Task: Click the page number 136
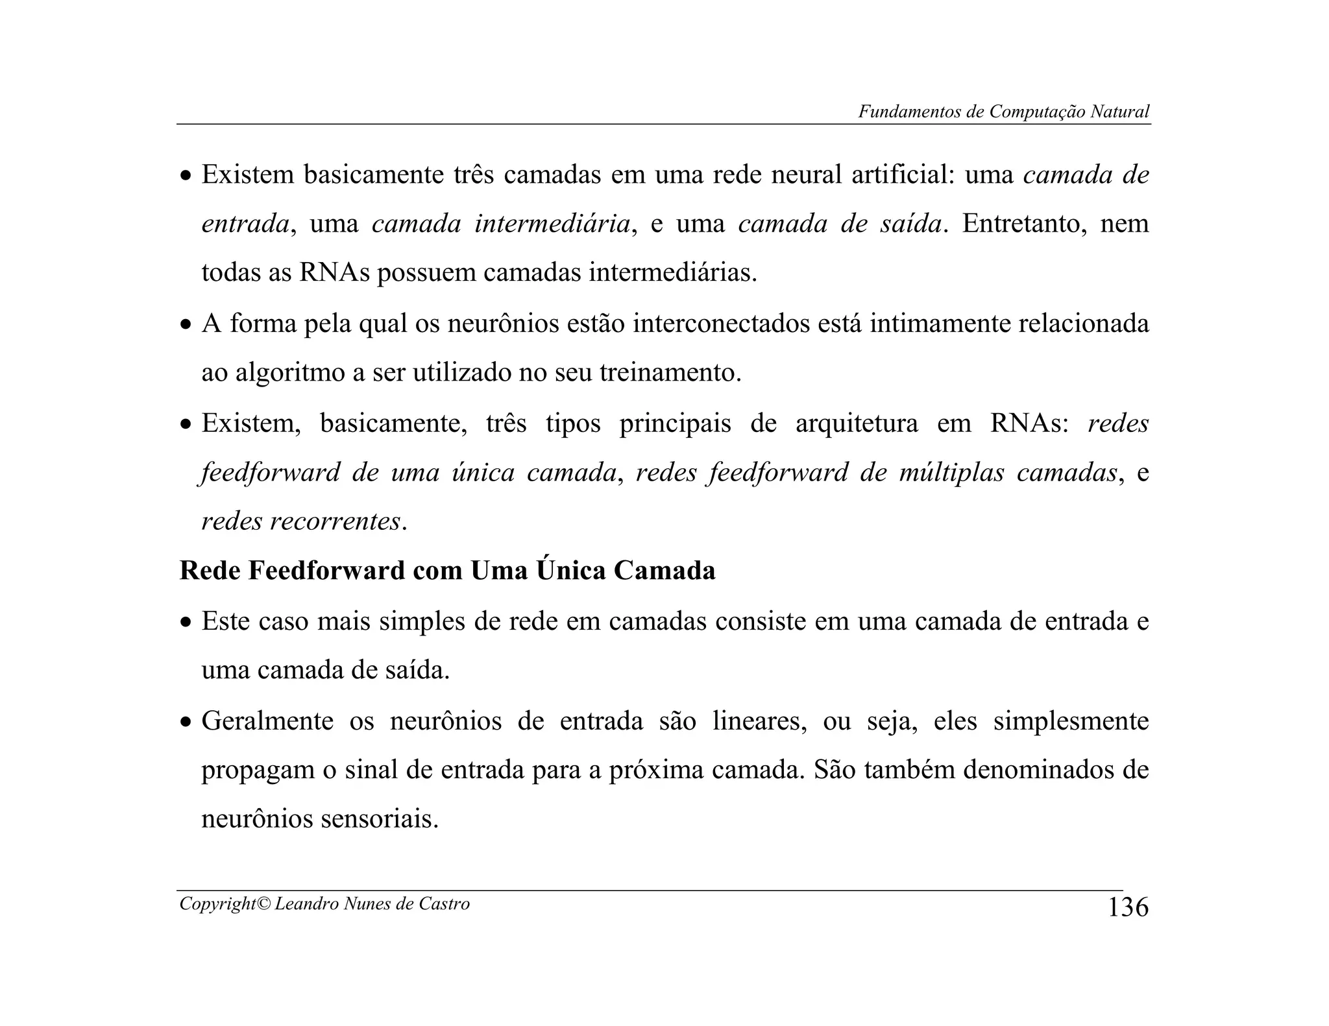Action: click(1127, 907)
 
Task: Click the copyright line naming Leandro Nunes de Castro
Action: click(324, 903)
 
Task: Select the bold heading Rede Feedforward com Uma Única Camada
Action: click(447, 571)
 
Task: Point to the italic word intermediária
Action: click(552, 224)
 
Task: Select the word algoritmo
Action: click(289, 373)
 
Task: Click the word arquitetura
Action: click(857, 424)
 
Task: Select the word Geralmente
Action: click(267, 721)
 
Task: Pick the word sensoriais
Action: click(380, 819)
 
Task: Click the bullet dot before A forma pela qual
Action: click(186, 325)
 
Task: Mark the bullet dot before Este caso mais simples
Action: click(186, 623)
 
